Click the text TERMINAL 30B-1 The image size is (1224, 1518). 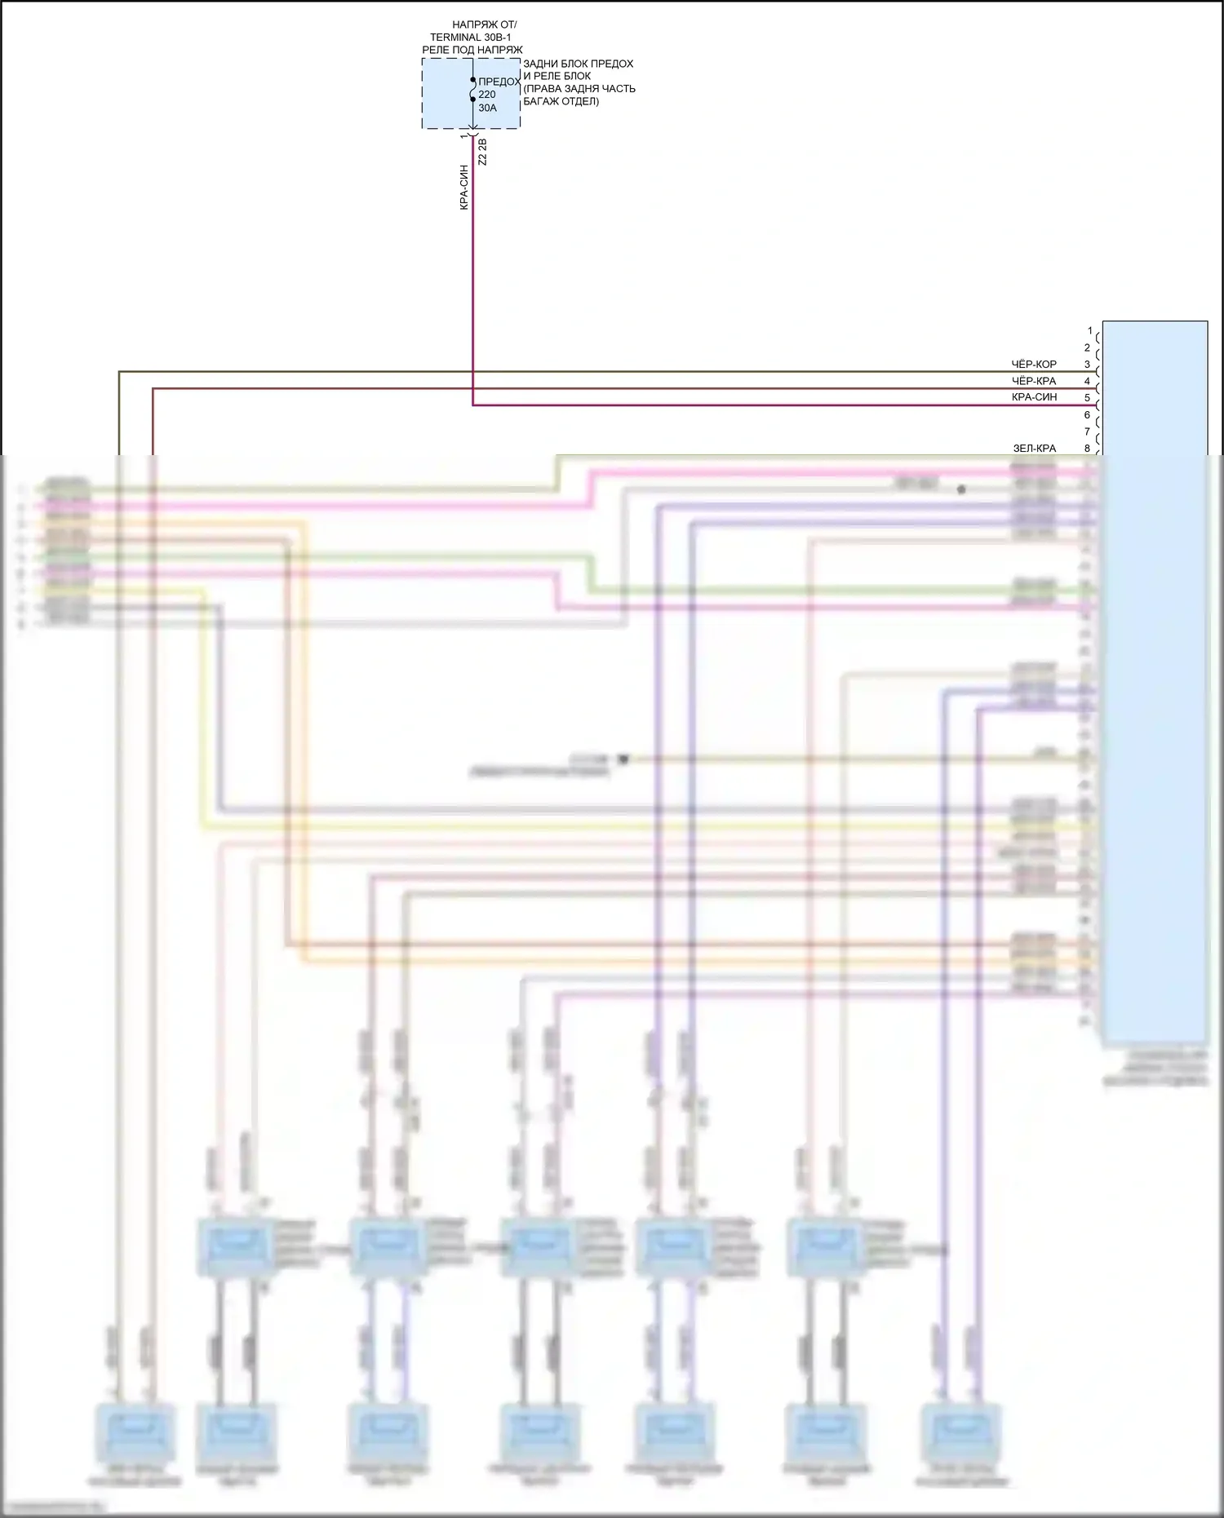[x=470, y=38]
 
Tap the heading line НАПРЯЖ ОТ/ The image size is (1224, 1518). [x=484, y=25]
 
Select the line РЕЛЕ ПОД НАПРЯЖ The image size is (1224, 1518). [x=472, y=50]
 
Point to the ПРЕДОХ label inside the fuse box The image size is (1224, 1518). [x=499, y=82]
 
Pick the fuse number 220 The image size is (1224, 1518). [x=487, y=95]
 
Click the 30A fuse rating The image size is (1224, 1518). [x=487, y=108]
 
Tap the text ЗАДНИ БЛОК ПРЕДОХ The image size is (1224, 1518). [x=578, y=64]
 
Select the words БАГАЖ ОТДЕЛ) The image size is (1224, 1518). [x=561, y=101]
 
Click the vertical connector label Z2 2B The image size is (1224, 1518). [x=482, y=153]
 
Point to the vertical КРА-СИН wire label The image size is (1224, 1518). [x=464, y=188]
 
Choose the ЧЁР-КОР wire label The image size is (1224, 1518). [x=1034, y=365]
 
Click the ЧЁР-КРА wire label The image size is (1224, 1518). [x=1034, y=381]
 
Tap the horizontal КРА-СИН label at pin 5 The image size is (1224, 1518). [x=1034, y=397]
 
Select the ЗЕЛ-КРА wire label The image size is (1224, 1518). [x=1034, y=448]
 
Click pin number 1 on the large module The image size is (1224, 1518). [x=1089, y=331]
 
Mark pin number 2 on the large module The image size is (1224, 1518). [x=1087, y=347]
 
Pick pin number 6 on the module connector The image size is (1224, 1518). [x=1087, y=414]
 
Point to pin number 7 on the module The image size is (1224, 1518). [x=1087, y=432]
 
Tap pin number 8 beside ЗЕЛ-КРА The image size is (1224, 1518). [x=1087, y=448]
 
